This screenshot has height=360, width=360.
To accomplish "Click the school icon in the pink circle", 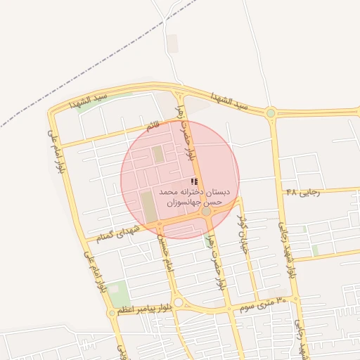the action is coord(194,182).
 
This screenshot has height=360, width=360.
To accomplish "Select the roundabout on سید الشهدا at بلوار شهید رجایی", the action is coord(271,112).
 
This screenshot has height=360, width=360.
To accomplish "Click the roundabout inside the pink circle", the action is coord(206,211).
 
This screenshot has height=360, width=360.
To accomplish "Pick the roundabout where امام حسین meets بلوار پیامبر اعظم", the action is coord(179,302).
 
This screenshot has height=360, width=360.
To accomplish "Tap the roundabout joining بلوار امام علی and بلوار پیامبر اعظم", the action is coord(112,313).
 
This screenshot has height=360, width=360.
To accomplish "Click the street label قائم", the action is coord(153,127).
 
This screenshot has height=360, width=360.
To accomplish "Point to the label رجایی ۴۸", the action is coord(300,191).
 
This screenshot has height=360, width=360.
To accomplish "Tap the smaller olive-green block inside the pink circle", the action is coord(158,154).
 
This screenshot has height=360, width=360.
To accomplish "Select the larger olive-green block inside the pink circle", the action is coord(148,206).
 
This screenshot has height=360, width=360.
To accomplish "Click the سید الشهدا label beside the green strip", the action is coord(90,101).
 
